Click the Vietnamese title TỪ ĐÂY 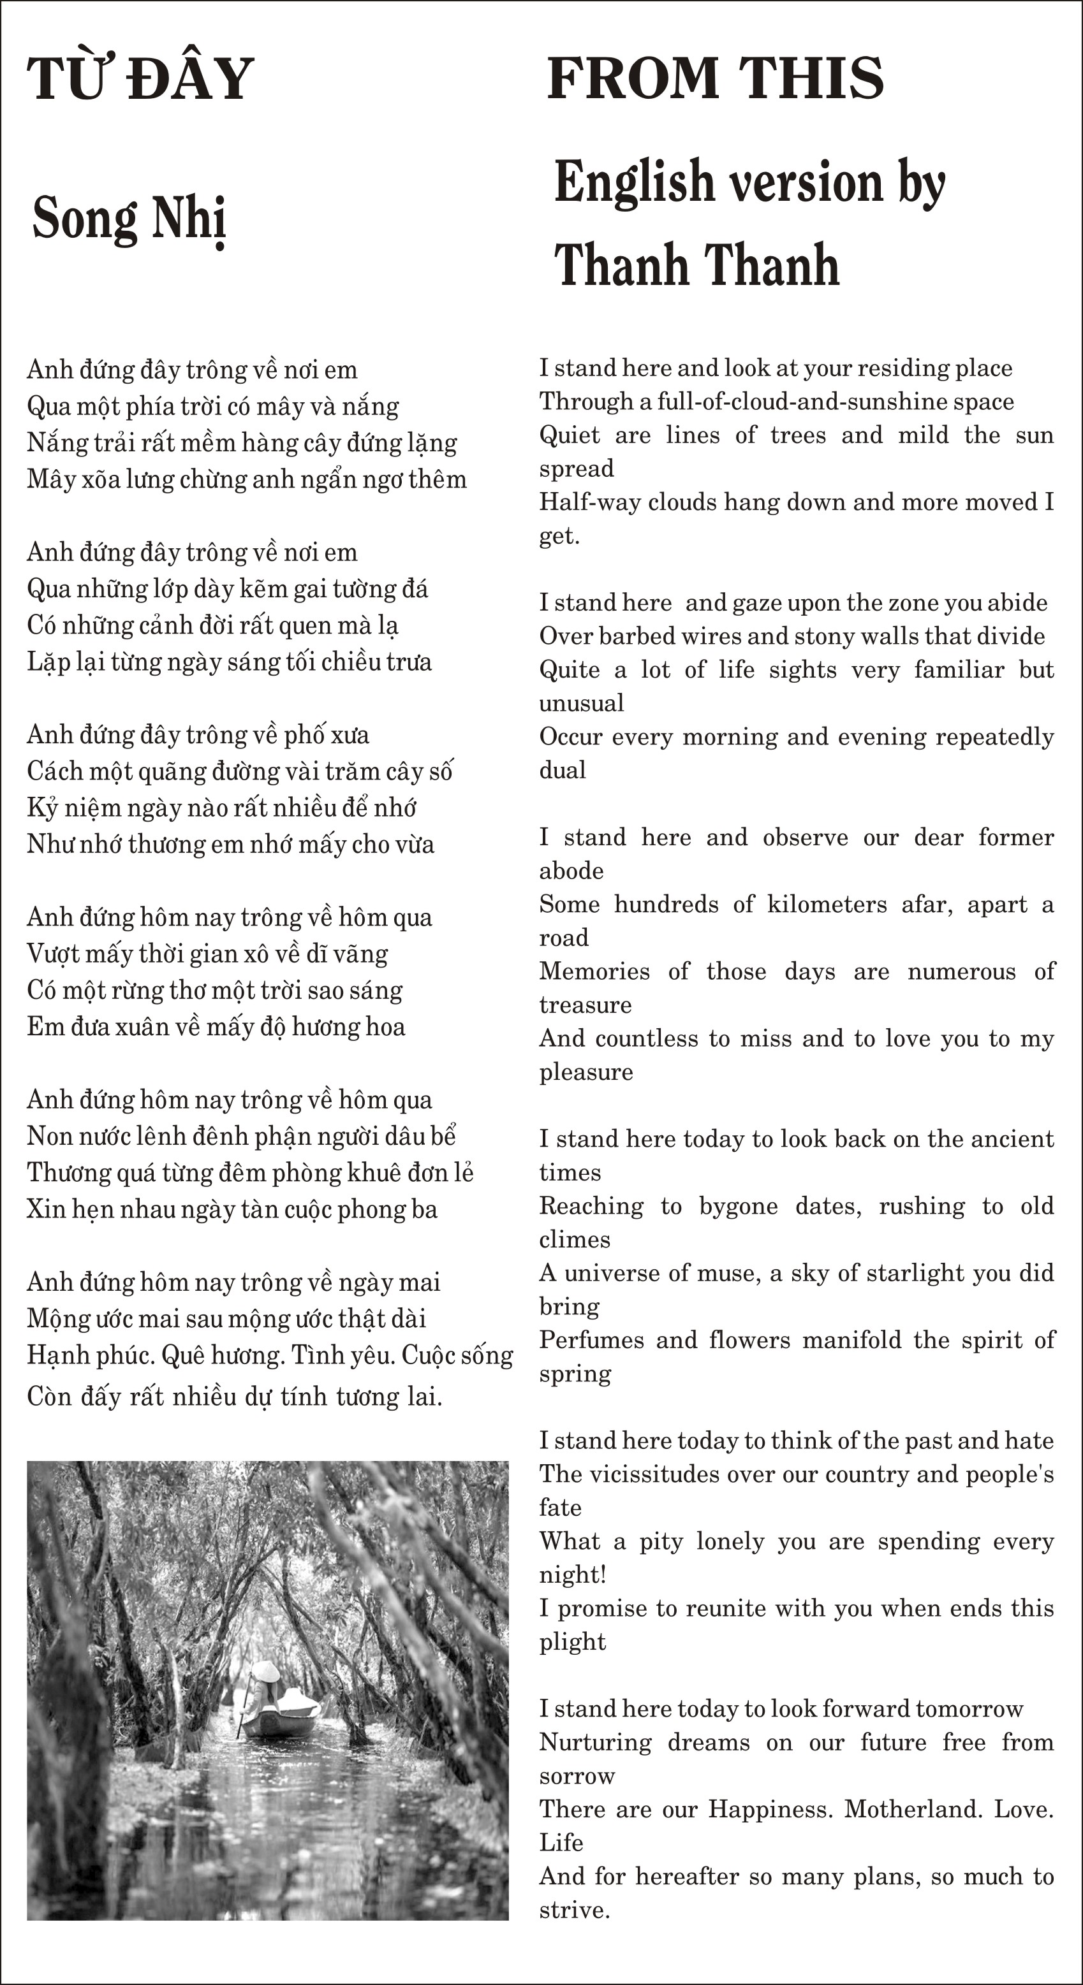140,78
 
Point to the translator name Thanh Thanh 696,265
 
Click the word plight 572,1641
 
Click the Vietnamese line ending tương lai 234,1396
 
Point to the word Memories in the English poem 594,971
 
